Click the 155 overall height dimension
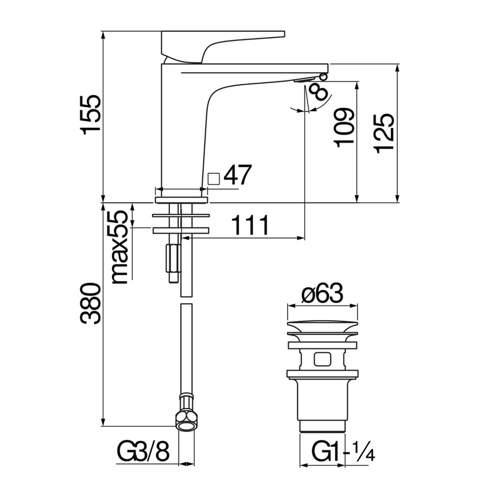coord(91,114)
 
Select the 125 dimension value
coord(384,133)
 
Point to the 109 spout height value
coord(344,128)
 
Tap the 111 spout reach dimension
coord(250,225)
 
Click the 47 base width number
coord(237,174)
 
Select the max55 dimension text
coord(120,247)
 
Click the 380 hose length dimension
coord(91,304)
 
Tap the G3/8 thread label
coord(143,451)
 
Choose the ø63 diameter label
coord(322,293)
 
